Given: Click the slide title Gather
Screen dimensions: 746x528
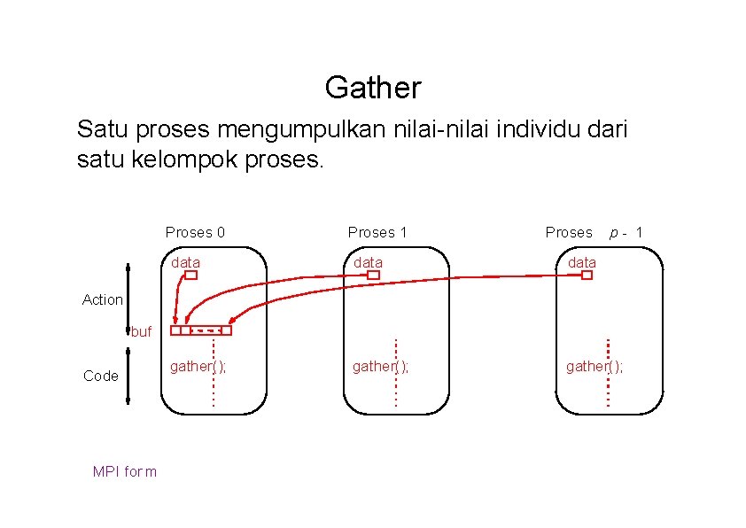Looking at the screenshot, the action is click(x=372, y=88).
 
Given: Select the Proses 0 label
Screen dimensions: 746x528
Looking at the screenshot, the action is click(x=195, y=232).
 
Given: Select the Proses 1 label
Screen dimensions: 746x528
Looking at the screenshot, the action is click(x=377, y=232).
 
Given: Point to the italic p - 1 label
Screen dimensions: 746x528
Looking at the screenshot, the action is click(x=626, y=232).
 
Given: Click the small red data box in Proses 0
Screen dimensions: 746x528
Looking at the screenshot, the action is click(x=190, y=276).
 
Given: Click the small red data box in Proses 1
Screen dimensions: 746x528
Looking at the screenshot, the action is click(x=373, y=276).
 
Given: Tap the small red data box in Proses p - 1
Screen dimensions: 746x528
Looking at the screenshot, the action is click(x=587, y=276).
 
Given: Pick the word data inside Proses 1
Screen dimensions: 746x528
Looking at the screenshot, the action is click(x=369, y=262).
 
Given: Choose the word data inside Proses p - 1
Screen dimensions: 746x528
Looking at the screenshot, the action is click(x=582, y=262).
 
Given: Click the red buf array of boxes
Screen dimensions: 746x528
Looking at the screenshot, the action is click(x=201, y=330).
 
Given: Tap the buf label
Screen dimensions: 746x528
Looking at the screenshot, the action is click(x=141, y=333).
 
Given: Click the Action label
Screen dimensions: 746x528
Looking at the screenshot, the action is click(x=103, y=299).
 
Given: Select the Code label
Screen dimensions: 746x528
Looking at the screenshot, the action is click(x=101, y=376).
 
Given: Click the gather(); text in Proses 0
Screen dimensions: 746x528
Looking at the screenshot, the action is click(x=198, y=366).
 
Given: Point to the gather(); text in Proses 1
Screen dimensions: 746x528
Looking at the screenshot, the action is click(x=380, y=366).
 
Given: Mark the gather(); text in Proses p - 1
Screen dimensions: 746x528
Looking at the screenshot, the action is click(x=594, y=366).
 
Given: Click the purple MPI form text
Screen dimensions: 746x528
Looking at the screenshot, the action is click(x=125, y=471).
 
